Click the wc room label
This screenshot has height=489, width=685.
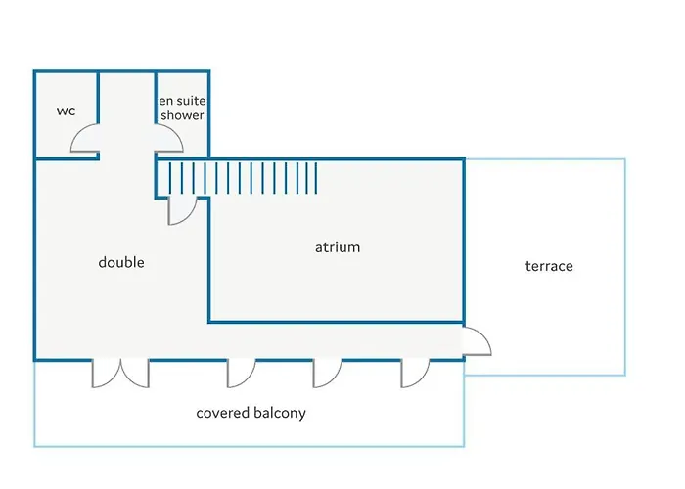(x=66, y=111)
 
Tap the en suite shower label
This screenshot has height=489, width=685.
(x=182, y=108)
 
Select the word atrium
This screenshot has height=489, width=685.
(x=338, y=247)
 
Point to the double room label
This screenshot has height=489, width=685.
(x=121, y=262)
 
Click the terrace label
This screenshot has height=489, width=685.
(x=549, y=266)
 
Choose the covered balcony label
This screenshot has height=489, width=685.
(x=251, y=413)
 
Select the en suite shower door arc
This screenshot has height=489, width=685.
(x=169, y=143)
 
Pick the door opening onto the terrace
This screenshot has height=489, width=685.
(x=476, y=341)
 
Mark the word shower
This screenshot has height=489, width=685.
(x=183, y=115)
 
